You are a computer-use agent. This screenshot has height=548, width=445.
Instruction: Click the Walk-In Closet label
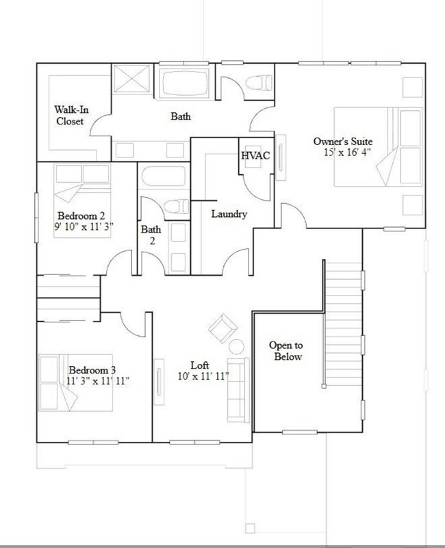(69, 115)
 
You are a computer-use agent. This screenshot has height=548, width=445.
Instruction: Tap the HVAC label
(255, 155)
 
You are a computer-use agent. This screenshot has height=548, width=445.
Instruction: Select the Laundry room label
(228, 214)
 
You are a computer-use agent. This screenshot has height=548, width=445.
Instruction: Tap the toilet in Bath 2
(177, 205)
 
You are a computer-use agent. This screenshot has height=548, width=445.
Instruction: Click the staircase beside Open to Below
(342, 322)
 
